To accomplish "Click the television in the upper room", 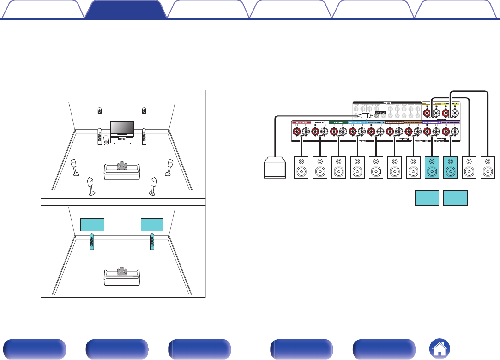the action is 122,127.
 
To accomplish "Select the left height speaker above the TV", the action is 100,110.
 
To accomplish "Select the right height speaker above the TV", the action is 145,110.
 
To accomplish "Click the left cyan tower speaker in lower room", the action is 92,242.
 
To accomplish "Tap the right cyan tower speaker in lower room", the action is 152,242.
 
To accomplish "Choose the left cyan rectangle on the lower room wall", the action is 92,224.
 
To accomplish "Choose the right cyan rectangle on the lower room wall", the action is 152,224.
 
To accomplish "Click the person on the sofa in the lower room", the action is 121,271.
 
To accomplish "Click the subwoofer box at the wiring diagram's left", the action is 275,167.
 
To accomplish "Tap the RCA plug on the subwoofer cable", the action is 364,116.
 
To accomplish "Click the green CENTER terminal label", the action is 336,122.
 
